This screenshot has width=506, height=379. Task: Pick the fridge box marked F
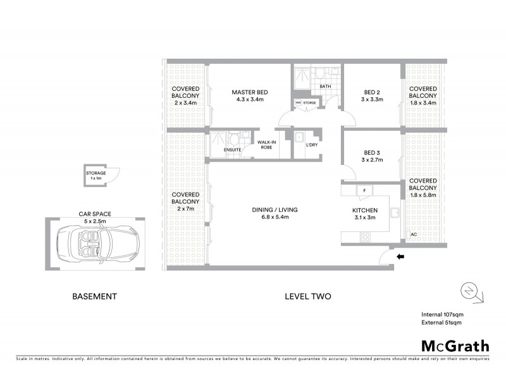point(365,191)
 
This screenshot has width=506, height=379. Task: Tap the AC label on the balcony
point(413,234)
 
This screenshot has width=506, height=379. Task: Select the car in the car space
point(96,243)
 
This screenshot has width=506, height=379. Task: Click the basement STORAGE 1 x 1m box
point(97,176)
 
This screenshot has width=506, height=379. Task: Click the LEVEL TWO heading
point(308,296)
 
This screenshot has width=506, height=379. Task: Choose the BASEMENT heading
point(95,296)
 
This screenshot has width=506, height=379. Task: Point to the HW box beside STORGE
point(297,102)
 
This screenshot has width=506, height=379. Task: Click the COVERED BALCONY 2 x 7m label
point(185,202)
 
